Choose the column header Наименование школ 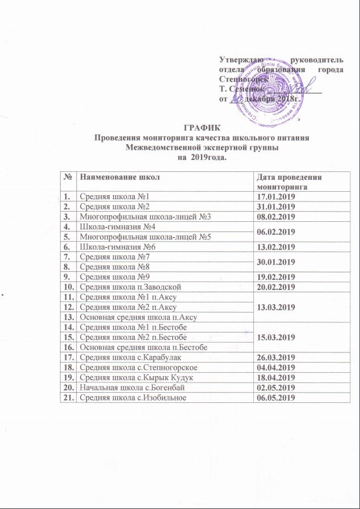click(x=120, y=178)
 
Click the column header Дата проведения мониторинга click(x=289, y=182)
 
